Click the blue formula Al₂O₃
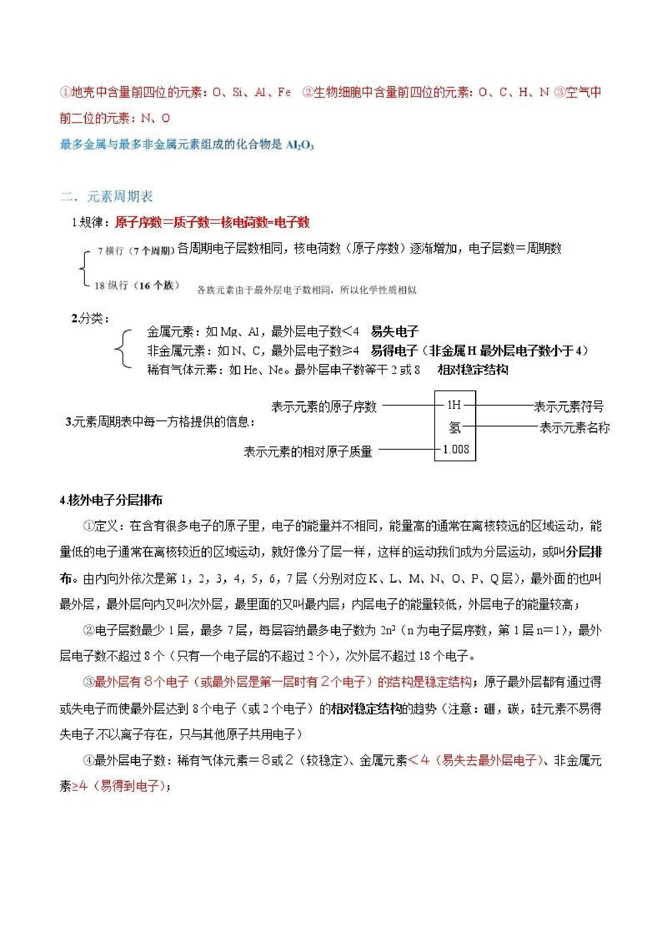pyautogui.click(x=300, y=145)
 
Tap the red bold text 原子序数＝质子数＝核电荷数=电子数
pyautogui.click(x=212, y=222)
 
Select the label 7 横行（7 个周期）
pyautogui.click(x=136, y=251)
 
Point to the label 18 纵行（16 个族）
pyautogui.click(x=136, y=285)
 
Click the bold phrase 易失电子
pyautogui.click(x=394, y=331)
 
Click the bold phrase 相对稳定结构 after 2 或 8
pyautogui.click(x=473, y=370)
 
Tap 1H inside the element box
pyautogui.click(x=454, y=405)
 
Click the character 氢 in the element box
pyautogui.click(x=455, y=427)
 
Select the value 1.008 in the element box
pyautogui.click(x=455, y=449)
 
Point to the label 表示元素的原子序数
pyautogui.click(x=324, y=406)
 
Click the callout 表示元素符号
pyautogui.click(x=568, y=406)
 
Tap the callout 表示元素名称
pyautogui.click(x=574, y=428)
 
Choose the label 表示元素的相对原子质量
pyautogui.click(x=308, y=451)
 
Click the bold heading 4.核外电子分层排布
pyautogui.click(x=111, y=500)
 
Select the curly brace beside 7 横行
pyautogui.click(x=84, y=268)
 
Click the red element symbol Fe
pyautogui.click(x=284, y=92)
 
